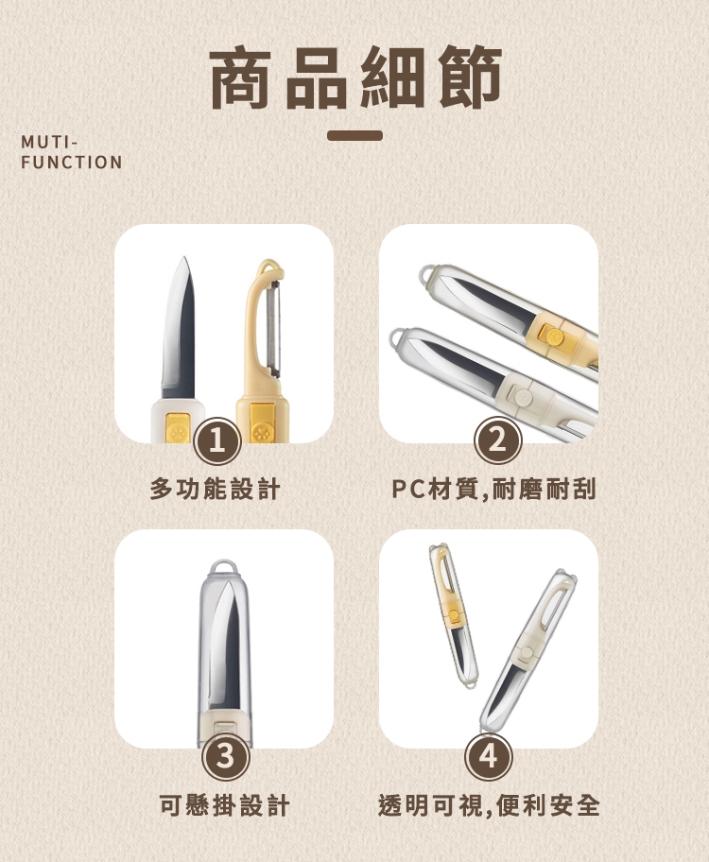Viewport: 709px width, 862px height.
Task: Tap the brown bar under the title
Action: click(354, 135)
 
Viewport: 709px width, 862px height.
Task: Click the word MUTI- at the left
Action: click(49, 143)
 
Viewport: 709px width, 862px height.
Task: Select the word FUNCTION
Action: click(72, 163)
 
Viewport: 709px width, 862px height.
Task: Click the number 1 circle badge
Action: click(217, 441)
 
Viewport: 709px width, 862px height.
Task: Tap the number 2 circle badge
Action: click(498, 440)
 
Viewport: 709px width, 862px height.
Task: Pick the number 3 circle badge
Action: click(226, 757)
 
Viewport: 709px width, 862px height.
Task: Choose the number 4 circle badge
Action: click(489, 757)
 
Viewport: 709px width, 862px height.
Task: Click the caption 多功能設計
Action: click(216, 489)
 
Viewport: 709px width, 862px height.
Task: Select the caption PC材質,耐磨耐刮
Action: click(493, 489)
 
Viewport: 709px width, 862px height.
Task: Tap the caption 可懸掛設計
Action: click(224, 805)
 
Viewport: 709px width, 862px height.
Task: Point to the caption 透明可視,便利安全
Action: click(489, 805)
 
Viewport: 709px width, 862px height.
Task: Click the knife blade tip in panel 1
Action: click(183, 257)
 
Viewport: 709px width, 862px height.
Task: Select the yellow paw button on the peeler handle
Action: click(260, 424)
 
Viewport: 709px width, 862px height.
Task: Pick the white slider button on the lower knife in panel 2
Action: click(523, 395)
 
